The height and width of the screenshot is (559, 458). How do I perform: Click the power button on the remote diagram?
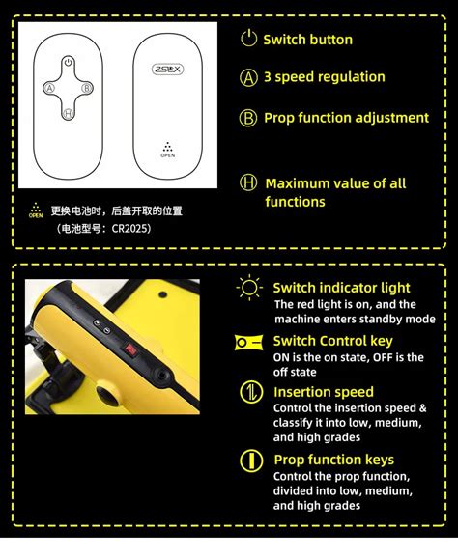click(x=68, y=63)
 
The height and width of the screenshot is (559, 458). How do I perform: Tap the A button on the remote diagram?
click(x=48, y=87)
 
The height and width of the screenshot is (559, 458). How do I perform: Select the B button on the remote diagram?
click(x=87, y=87)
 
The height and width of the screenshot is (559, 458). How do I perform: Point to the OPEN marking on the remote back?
click(x=167, y=151)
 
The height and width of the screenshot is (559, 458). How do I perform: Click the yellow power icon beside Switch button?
click(x=249, y=40)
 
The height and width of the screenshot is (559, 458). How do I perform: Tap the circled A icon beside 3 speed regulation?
click(x=249, y=78)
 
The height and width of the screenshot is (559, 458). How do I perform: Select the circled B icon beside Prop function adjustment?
click(x=249, y=118)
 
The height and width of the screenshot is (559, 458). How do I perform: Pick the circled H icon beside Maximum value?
click(x=249, y=183)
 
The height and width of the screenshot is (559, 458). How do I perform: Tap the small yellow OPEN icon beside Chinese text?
click(x=36, y=210)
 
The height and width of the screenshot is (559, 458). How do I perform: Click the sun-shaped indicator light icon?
click(x=250, y=288)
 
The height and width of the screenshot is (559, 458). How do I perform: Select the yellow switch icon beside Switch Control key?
click(x=249, y=341)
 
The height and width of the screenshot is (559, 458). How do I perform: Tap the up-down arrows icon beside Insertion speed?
click(x=250, y=392)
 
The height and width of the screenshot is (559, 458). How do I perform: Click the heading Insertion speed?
click(x=323, y=392)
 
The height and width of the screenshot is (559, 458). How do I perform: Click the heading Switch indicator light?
click(x=341, y=288)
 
